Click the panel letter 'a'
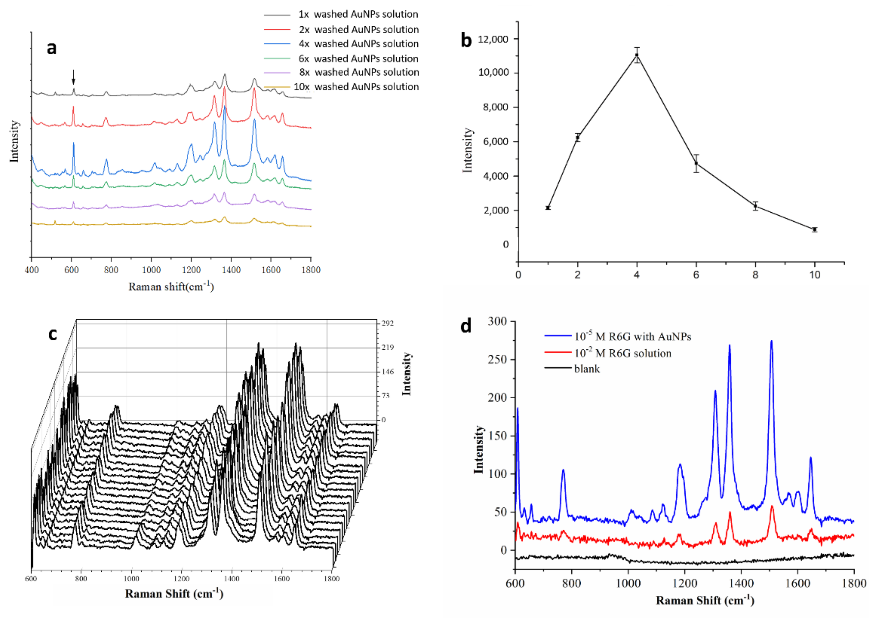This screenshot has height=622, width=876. (x=51, y=48)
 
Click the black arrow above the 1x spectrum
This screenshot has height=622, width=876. (x=73, y=77)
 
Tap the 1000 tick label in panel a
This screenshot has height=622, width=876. (x=151, y=270)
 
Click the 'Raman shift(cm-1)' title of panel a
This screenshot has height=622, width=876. (x=171, y=286)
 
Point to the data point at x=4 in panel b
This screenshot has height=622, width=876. (x=637, y=55)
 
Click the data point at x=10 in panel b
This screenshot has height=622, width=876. (x=815, y=229)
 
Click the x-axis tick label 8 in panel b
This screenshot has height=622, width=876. (x=755, y=275)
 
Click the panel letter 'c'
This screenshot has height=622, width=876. (x=53, y=334)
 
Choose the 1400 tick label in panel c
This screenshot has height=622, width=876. (x=232, y=579)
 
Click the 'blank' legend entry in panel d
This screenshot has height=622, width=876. (x=586, y=369)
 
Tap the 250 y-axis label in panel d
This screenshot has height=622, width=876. (x=497, y=359)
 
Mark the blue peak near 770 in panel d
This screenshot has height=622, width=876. (x=563, y=470)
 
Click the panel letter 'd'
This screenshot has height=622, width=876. (x=466, y=326)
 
